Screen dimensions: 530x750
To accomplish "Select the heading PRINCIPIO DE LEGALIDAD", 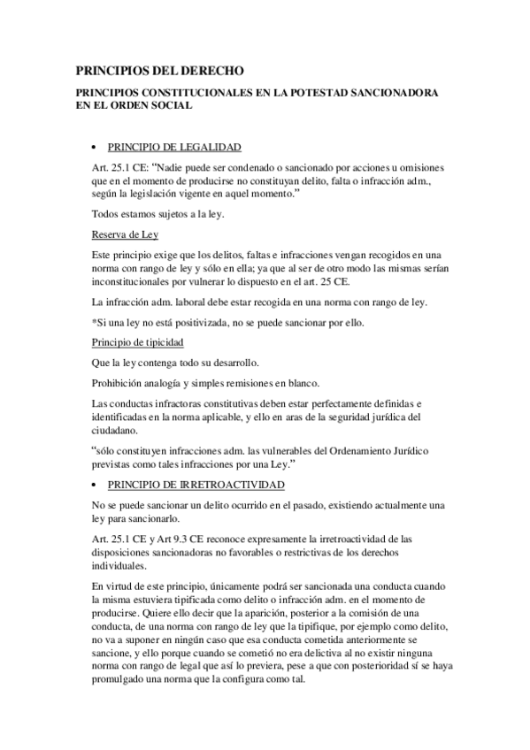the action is point(173,147).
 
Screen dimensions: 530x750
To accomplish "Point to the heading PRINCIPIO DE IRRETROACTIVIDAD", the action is point(196,486).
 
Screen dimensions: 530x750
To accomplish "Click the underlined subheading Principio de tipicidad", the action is point(138,341).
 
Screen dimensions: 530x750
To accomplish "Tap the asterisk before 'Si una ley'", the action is point(94,321).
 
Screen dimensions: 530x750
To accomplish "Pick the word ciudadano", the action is point(115,430).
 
